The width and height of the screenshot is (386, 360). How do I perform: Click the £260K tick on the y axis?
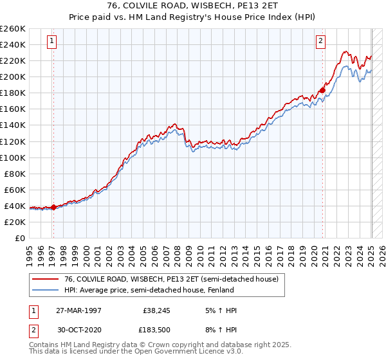[13, 29]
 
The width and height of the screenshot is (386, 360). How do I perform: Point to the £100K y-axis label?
[13, 157]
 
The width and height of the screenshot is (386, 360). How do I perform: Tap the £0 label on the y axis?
[20, 238]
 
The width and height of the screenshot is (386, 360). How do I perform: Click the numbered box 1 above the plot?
[51, 42]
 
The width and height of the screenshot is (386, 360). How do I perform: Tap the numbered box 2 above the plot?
[320, 42]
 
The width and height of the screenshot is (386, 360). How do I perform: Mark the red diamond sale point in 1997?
[53, 207]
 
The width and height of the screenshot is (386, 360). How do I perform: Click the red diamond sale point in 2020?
[322, 90]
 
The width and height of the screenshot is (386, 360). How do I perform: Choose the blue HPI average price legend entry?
[161, 290]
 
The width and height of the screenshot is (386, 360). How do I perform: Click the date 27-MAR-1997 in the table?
[79, 310]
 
